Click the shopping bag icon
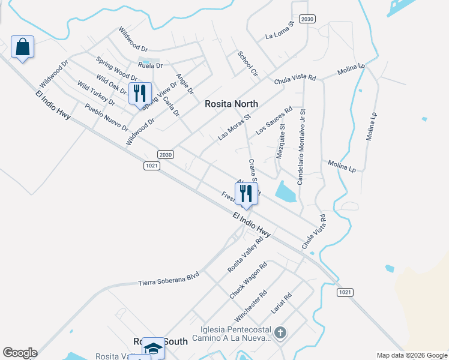tap(22, 47)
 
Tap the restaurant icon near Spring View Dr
tap(140, 94)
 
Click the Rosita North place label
tap(232, 104)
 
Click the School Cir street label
tap(247, 63)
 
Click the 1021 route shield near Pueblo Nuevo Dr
tap(152, 165)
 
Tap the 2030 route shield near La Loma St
tap(307, 19)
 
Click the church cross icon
tap(280, 332)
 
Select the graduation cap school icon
tap(153, 349)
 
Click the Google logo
tap(19, 353)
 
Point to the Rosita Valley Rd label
tap(245, 255)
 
